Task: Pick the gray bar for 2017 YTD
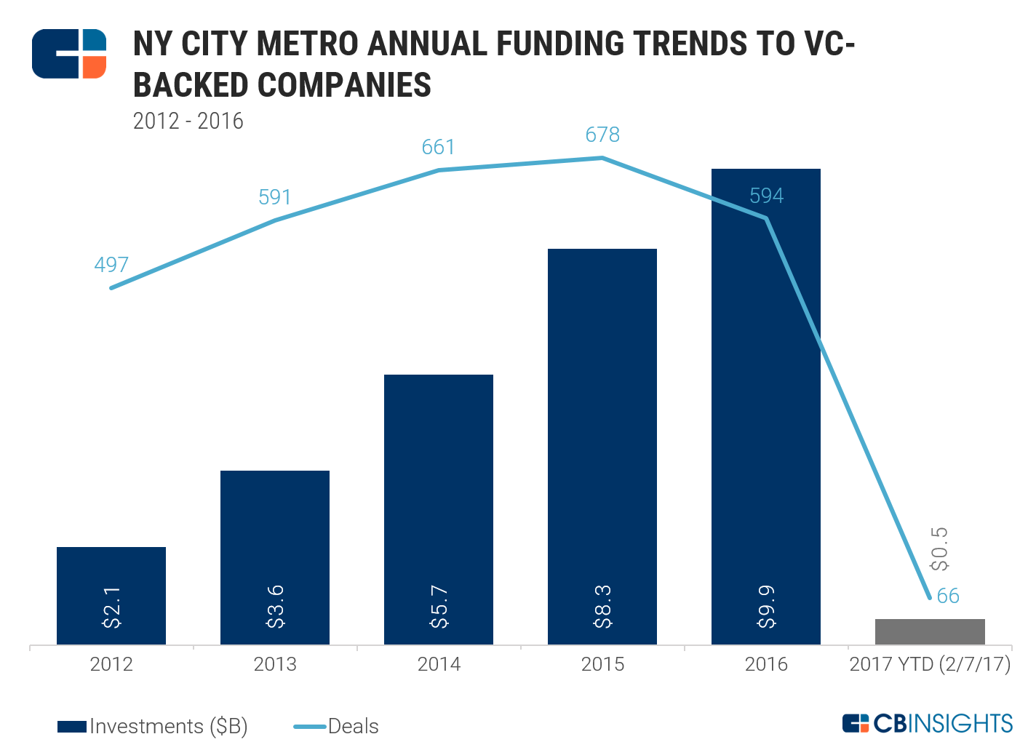point(930,631)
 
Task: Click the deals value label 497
point(111,265)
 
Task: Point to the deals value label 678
point(602,135)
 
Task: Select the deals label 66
point(948,597)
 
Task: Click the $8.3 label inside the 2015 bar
point(603,606)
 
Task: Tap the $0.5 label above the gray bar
point(940,548)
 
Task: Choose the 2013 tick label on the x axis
point(275,664)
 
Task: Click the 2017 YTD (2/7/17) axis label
point(930,664)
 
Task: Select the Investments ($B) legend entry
point(153,726)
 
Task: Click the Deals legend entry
point(337,726)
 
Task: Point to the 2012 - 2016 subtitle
point(188,121)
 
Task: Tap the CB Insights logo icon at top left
point(69,54)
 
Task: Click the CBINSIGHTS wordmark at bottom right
point(928,723)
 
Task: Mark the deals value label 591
point(275,197)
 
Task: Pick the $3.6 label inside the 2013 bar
point(276,606)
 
